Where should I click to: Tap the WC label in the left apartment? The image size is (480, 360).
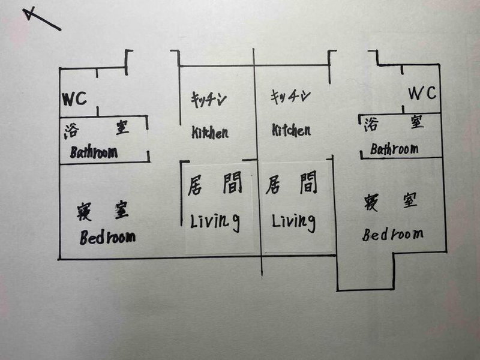(74, 98)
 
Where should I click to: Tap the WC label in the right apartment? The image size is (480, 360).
(422, 93)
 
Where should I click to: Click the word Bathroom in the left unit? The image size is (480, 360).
(94, 152)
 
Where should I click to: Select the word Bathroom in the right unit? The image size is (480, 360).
(394, 149)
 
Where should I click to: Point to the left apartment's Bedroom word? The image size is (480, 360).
(107, 237)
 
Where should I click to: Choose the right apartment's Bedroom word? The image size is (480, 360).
(393, 235)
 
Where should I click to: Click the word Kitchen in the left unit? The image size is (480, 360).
(210, 132)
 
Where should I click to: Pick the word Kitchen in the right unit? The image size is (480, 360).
(291, 130)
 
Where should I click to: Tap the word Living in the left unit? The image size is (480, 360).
(215, 221)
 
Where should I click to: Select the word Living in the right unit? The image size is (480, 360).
(294, 221)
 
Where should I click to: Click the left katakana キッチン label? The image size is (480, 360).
(209, 99)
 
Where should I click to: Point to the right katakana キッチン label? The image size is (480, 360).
(290, 96)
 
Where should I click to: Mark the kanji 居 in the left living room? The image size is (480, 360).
(196, 185)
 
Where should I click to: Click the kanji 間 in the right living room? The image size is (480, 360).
(308, 182)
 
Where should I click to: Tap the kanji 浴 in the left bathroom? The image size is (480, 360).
(72, 131)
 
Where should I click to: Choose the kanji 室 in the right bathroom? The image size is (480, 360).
(417, 122)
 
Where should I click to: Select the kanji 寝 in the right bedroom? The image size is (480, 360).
(371, 202)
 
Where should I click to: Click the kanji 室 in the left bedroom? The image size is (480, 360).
(122, 209)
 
